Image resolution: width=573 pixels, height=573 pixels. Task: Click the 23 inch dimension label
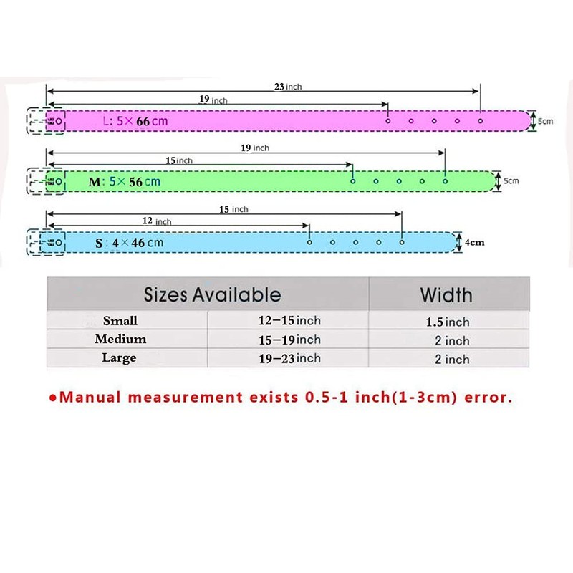click(288, 87)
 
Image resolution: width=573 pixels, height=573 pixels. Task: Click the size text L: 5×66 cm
click(135, 121)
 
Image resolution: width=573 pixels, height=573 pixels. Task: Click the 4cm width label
click(474, 242)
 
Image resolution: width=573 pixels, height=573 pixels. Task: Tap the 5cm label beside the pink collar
click(545, 121)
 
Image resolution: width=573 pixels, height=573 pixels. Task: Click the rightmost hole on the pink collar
click(480, 120)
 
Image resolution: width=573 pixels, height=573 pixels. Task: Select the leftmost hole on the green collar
click(353, 181)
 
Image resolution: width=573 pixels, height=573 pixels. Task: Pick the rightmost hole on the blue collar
click(401, 242)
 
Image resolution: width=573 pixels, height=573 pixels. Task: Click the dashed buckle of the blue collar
click(45, 243)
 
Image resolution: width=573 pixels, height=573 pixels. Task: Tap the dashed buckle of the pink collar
click(45, 121)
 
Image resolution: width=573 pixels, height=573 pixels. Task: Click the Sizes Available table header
click(212, 294)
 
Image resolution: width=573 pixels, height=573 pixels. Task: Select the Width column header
click(446, 294)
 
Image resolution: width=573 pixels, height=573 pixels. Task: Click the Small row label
click(120, 321)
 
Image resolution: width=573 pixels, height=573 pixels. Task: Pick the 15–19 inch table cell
click(289, 340)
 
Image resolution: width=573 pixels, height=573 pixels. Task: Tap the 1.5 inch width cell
click(448, 322)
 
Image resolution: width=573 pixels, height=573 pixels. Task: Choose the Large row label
click(119, 358)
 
